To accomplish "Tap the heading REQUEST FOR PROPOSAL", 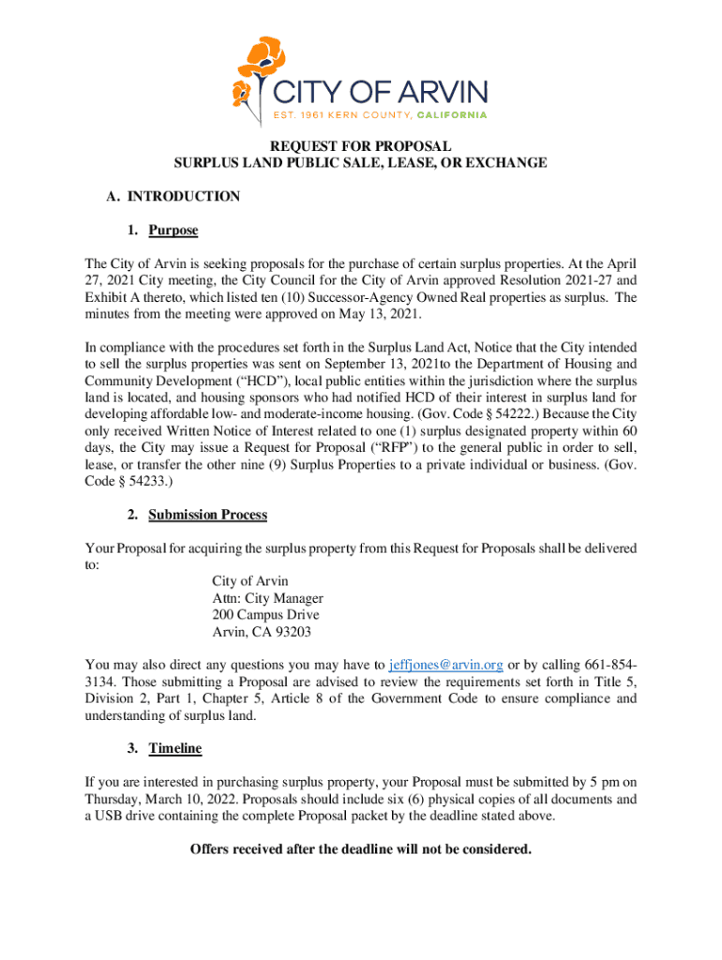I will (361, 146).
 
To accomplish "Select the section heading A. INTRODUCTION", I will (173, 196).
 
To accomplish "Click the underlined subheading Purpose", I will (173, 230).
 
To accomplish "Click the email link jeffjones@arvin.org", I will (445, 665).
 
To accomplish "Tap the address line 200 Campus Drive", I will (265, 615).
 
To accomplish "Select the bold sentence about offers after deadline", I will (361, 849).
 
